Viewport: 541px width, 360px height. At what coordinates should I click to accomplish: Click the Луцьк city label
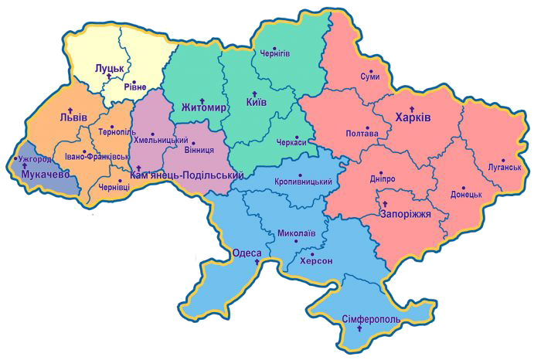[109, 69]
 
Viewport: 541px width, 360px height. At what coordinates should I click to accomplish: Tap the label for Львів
[73, 118]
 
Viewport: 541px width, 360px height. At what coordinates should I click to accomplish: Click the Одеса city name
[247, 253]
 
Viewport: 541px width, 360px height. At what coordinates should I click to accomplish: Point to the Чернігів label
[274, 54]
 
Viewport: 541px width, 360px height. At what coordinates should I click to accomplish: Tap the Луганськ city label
[505, 166]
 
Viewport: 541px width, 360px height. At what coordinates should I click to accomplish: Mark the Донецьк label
[467, 195]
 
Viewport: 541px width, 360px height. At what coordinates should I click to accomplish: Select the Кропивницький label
[303, 182]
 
